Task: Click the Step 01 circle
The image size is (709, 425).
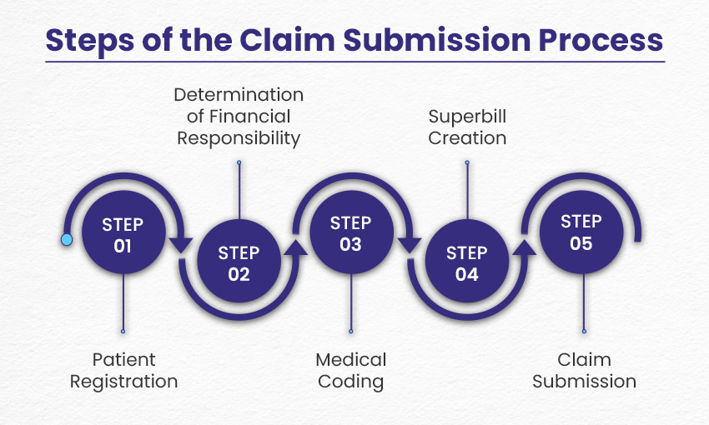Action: tap(123, 235)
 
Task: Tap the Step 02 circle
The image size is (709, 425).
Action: tap(239, 263)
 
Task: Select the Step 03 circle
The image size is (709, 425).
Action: tap(350, 234)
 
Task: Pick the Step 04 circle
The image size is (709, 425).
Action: tap(467, 262)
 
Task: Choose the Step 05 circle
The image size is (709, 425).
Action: tap(581, 232)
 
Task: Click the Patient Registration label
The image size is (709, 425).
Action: tap(123, 371)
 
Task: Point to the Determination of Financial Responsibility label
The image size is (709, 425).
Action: tap(239, 117)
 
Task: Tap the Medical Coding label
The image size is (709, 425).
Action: tap(350, 371)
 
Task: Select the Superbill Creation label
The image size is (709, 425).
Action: tap(467, 127)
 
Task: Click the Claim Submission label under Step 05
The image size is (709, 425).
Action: tap(584, 371)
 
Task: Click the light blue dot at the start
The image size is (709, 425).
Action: tap(67, 240)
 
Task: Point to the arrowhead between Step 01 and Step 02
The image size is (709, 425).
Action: tap(181, 246)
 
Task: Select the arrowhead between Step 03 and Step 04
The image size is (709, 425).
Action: tap(409, 246)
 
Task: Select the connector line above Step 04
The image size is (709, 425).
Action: tap(467, 192)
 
